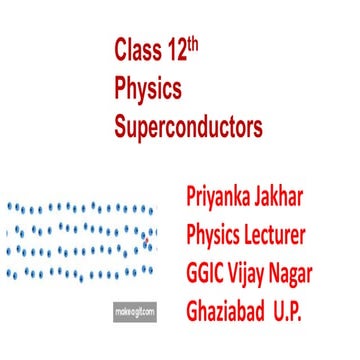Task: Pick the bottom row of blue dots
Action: point(80,272)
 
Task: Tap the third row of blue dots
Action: point(80,251)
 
